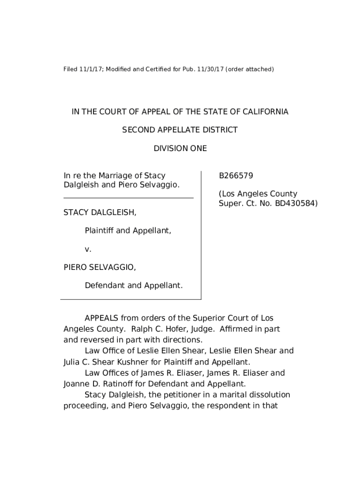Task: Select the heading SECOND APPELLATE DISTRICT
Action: pos(180,130)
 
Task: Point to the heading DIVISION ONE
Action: pos(180,149)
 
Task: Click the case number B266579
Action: pos(236,176)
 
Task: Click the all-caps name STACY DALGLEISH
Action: pos(100,213)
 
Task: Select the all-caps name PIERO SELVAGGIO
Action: pos(100,267)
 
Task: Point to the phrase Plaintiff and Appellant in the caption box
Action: pos(128,231)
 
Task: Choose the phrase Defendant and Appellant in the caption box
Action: pos(133,285)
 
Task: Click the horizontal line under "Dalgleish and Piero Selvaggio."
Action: pos(129,198)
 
